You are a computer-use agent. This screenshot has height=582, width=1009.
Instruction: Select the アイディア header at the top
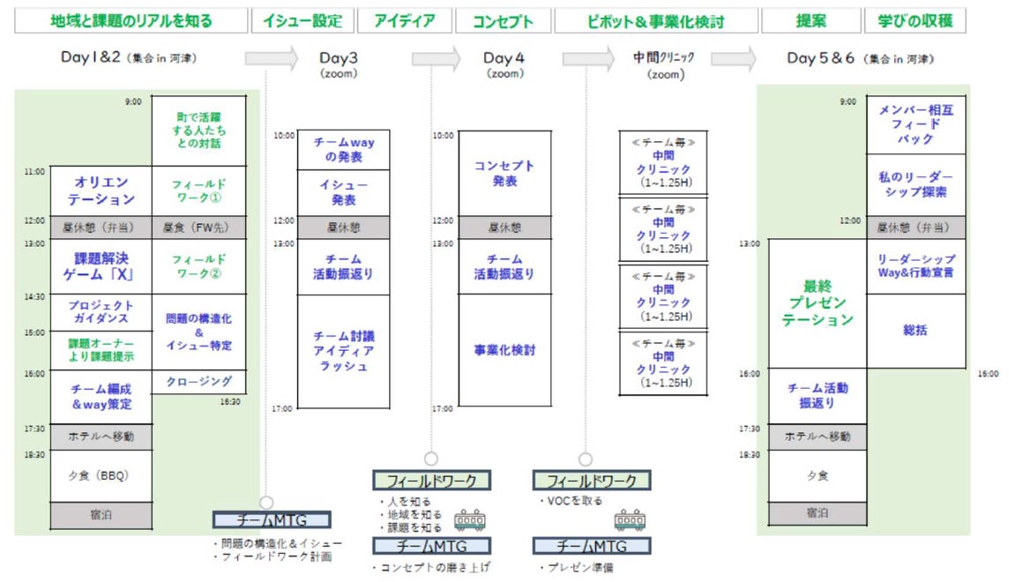[405, 20]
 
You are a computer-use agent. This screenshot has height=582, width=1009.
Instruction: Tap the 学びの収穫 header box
[915, 20]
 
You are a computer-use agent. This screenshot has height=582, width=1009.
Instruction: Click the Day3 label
[340, 58]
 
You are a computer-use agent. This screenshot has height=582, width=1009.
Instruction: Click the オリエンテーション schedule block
[101, 190]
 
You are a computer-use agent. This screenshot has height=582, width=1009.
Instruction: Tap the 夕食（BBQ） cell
[101, 475]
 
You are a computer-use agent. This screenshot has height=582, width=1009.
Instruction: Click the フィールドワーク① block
[198, 190]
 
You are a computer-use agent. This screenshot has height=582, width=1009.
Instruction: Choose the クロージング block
[198, 382]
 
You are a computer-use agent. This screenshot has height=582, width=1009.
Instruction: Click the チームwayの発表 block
[343, 149]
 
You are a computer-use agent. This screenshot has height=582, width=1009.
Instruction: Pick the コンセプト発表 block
[504, 173]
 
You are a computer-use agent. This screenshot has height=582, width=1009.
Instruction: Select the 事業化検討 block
[504, 350]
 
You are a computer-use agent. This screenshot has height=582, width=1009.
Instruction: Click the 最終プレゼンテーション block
[818, 303]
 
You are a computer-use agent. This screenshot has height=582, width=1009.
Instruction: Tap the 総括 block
[916, 331]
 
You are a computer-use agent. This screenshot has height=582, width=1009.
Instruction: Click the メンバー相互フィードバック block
[916, 124]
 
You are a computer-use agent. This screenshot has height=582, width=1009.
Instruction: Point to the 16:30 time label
[230, 401]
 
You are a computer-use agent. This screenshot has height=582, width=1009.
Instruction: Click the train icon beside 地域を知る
[469, 519]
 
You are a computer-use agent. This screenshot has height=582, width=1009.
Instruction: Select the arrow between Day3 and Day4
[436, 59]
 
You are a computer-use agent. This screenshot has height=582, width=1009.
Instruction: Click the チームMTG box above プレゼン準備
[591, 546]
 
